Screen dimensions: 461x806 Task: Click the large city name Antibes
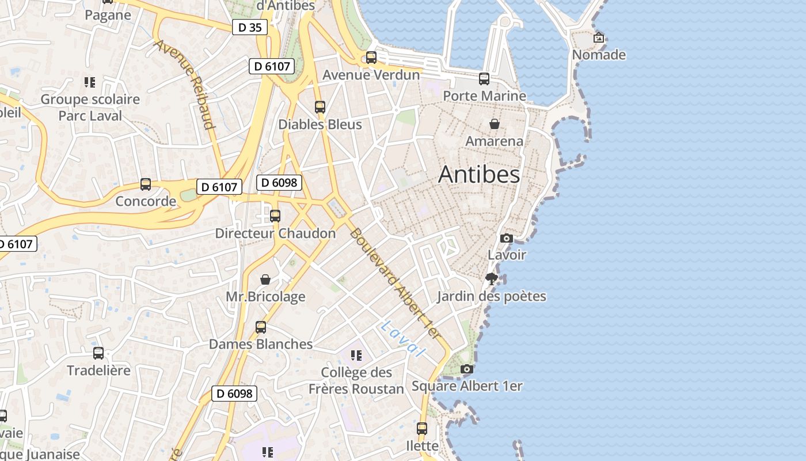479,174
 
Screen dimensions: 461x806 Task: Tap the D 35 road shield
250,27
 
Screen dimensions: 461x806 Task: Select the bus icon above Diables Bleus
320,107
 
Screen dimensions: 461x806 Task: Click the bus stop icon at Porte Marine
484,79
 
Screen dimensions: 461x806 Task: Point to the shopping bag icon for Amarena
494,124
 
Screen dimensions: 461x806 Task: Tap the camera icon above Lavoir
507,238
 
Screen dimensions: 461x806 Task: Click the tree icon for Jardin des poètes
491,279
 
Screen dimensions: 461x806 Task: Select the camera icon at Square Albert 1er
467,369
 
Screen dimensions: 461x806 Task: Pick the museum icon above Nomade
599,38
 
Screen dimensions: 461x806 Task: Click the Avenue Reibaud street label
185,84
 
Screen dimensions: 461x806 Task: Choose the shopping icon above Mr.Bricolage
265,279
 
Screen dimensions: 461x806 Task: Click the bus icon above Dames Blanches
261,327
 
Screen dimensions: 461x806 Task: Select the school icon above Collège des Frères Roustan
356,356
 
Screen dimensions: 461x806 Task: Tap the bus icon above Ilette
422,429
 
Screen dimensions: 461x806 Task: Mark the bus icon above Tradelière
98,353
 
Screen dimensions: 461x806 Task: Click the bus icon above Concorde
146,184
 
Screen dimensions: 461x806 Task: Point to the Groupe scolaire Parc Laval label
90,107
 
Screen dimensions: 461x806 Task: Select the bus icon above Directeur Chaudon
275,216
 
